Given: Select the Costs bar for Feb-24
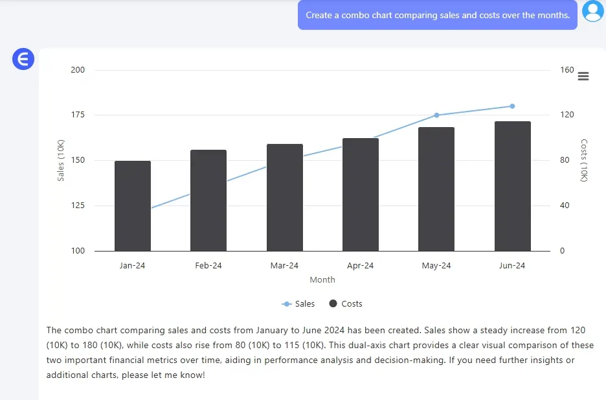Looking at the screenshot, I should pyautogui.click(x=208, y=200).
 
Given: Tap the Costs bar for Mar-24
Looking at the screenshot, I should pyautogui.click(x=285, y=198).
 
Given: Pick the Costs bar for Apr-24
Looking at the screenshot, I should pyautogui.click(x=361, y=194).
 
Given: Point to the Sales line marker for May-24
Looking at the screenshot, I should pyautogui.click(x=436, y=115).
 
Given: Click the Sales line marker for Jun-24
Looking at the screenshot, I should pyautogui.click(x=512, y=106).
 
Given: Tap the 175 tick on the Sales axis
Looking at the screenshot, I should pyautogui.click(x=78, y=115).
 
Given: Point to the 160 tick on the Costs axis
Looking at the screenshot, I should pyautogui.click(x=567, y=70).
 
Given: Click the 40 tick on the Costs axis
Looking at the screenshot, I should pyautogui.click(x=565, y=206).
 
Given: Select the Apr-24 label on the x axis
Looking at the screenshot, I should pyautogui.click(x=361, y=266).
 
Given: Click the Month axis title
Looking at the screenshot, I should pyautogui.click(x=322, y=280).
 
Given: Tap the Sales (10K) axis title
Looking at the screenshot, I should pyautogui.click(x=61, y=160).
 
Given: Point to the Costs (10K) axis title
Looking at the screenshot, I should pyautogui.click(x=584, y=160).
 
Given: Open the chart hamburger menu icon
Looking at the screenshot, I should pyautogui.click(x=583, y=76).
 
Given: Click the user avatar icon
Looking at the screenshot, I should pyautogui.click(x=592, y=12).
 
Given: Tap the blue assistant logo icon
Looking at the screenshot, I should pyautogui.click(x=23, y=60).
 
